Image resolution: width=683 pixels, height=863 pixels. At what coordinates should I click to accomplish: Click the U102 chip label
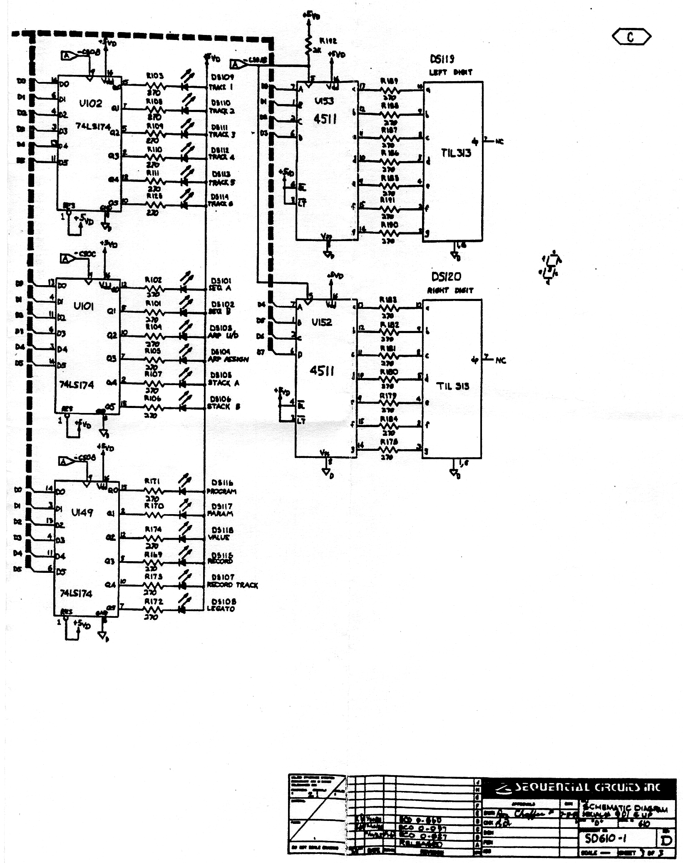pyautogui.click(x=90, y=103)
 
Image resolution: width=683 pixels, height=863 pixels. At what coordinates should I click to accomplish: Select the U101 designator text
pyautogui.click(x=84, y=306)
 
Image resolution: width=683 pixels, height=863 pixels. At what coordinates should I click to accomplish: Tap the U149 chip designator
pyautogui.click(x=82, y=512)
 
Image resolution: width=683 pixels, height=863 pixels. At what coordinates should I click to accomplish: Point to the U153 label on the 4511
pyautogui.click(x=324, y=101)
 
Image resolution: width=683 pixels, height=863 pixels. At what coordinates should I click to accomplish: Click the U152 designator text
pyautogui.click(x=322, y=322)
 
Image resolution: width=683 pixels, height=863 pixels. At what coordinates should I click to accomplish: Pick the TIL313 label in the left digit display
pyautogui.click(x=456, y=153)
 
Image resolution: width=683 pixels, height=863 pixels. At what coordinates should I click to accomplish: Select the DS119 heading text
pyautogui.click(x=442, y=60)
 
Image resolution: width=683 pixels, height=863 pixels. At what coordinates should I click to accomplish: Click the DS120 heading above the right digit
pyautogui.click(x=446, y=277)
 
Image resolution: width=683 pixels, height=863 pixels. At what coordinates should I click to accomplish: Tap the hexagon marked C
pyautogui.click(x=631, y=37)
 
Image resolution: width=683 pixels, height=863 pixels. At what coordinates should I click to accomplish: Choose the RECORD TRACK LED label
pyautogui.click(x=232, y=585)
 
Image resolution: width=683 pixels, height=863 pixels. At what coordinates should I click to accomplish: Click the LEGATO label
pyautogui.click(x=221, y=609)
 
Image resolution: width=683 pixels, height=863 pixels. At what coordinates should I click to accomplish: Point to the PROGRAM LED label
pyautogui.click(x=221, y=491)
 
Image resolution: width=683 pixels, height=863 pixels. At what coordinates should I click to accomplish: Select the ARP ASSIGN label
pyautogui.click(x=228, y=359)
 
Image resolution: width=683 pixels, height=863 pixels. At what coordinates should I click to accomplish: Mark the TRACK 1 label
pyautogui.click(x=221, y=87)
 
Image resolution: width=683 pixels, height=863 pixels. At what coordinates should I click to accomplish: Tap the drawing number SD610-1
pyautogui.click(x=606, y=838)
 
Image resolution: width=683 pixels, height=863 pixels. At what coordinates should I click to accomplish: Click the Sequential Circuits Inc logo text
pyautogui.click(x=587, y=787)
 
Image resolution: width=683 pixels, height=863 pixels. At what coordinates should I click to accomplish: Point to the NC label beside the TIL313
pyautogui.click(x=499, y=142)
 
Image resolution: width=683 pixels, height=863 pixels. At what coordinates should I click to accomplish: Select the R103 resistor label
pyautogui.click(x=154, y=76)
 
